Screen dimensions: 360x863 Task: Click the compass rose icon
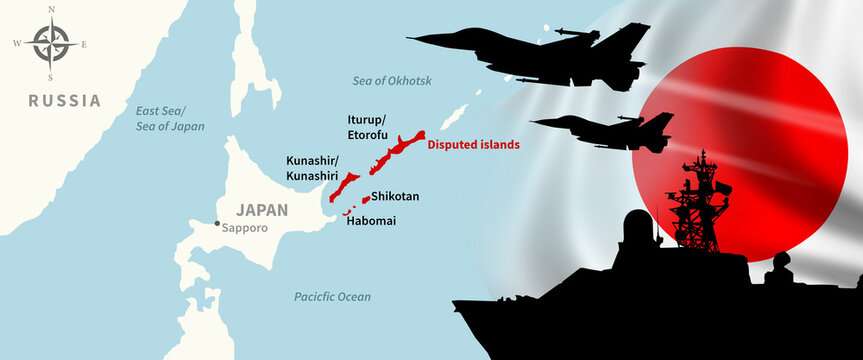click(x=49, y=43)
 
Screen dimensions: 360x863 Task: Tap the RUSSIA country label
click(x=65, y=101)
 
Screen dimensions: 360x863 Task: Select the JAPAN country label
click(x=261, y=210)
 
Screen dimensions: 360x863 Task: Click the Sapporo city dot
click(x=216, y=223)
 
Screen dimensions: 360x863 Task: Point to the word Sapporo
click(x=246, y=227)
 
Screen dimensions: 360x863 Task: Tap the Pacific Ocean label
click(x=332, y=297)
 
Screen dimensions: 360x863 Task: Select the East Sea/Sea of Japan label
click(x=170, y=118)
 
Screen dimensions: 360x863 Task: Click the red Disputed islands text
click(x=474, y=145)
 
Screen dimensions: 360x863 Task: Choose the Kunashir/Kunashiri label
click(x=313, y=168)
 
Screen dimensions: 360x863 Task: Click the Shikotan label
click(x=395, y=197)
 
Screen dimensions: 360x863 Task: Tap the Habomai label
click(x=370, y=220)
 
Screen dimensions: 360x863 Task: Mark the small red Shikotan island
click(x=365, y=199)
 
